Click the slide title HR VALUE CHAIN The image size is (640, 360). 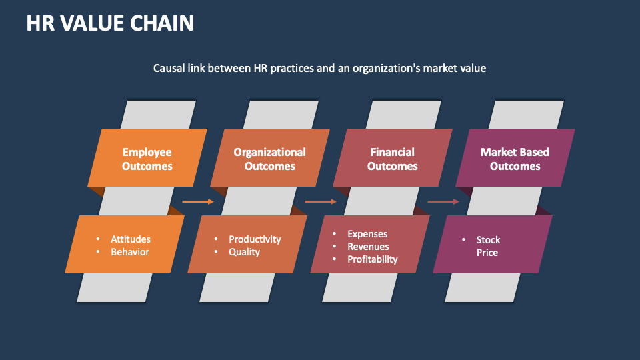[110, 23]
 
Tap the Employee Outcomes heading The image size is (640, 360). [147, 159]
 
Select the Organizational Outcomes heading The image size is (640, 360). [269, 159]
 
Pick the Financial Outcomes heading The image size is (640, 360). [392, 159]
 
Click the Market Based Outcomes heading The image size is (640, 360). [515, 159]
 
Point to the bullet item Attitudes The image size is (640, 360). [131, 239]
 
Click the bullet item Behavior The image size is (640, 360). [130, 252]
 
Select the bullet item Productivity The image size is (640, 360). [255, 239]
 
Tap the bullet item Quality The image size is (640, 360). [244, 252]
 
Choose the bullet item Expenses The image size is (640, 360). [367, 234]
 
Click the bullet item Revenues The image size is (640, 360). [369, 247]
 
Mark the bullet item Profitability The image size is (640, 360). [372, 259]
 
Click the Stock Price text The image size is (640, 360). [487, 246]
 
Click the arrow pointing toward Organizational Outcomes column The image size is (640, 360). [198, 201]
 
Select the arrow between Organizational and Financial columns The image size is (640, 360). [321, 201]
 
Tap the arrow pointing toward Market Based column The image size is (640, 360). [443, 201]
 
